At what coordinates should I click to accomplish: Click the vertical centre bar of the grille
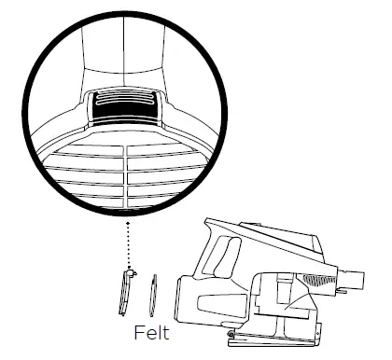(125, 177)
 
